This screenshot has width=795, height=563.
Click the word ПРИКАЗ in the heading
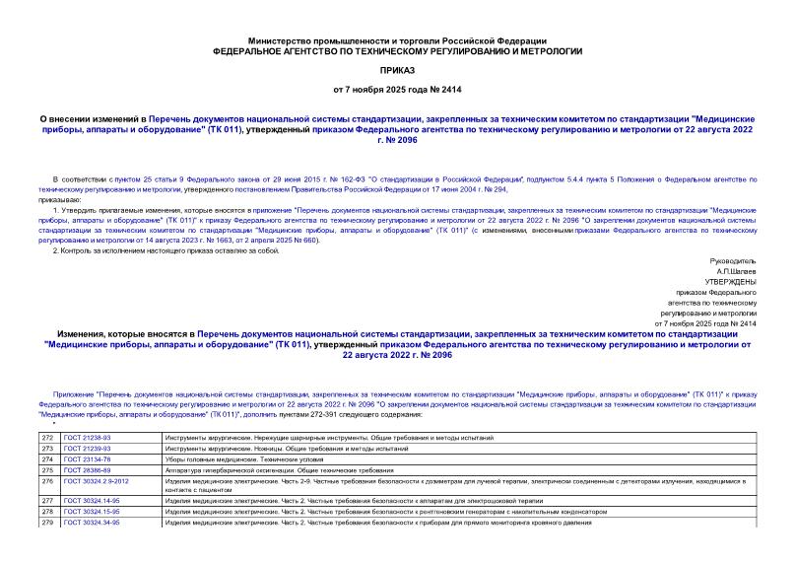pos(397,71)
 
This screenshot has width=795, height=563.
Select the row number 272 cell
pos(48,437)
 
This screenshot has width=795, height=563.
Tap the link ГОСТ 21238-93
pos(86,437)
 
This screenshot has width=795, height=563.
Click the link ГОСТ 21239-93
pos(86,448)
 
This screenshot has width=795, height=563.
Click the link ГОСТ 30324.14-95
pos(90,501)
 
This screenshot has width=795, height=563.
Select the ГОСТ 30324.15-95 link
pos(90,512)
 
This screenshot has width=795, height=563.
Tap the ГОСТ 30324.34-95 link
pos(90,523)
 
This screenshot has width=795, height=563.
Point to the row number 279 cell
pos(48,523)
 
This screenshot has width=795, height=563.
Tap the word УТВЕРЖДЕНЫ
pos(729,282)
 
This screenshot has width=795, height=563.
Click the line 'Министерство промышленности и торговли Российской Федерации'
pos(397,34)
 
